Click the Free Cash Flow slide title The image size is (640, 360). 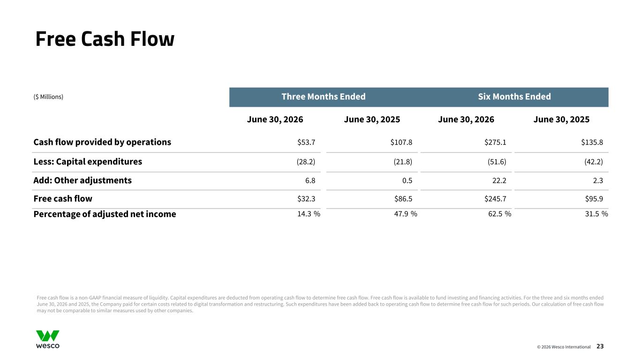coord(105,39)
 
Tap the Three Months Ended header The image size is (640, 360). coord(324,97)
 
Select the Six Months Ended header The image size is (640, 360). coord(514,97)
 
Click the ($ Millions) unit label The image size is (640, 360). coord(48,97)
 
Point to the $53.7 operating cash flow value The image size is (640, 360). coord(306,142)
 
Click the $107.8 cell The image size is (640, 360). coord(401,142)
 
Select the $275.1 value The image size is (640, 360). coord(495,142)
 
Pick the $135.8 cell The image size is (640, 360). coord(592,142)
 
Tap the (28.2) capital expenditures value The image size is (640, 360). coord(306,162)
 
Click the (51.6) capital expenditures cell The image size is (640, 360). coord(497,162)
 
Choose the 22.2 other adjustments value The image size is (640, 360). coord(499,180)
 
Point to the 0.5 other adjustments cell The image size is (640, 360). coord(407,180)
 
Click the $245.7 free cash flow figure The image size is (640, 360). coord(495,199)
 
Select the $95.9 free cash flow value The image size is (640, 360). coord(594,199)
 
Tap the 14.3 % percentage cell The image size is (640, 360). coord(309,214)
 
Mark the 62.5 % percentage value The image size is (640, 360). coord(500,214)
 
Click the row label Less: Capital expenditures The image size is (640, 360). coord(88,162)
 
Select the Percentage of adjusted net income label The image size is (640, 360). coord(105,214)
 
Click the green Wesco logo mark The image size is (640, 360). coord(48,336)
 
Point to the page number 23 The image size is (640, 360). coord(600,346)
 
